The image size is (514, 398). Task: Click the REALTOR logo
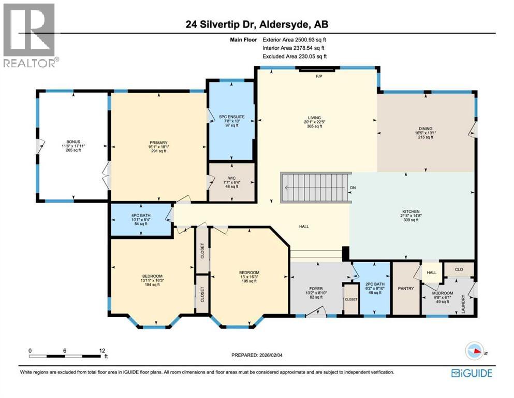click(x=30, y=35)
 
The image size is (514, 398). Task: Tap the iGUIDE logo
click(x=471, y=373)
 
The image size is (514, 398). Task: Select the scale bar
click(x=65, y=356)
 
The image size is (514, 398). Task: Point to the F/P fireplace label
click(x=319, y=76)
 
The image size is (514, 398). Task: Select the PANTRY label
click(x=406, y=288)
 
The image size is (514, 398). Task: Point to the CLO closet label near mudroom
click(x=459, y=269)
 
